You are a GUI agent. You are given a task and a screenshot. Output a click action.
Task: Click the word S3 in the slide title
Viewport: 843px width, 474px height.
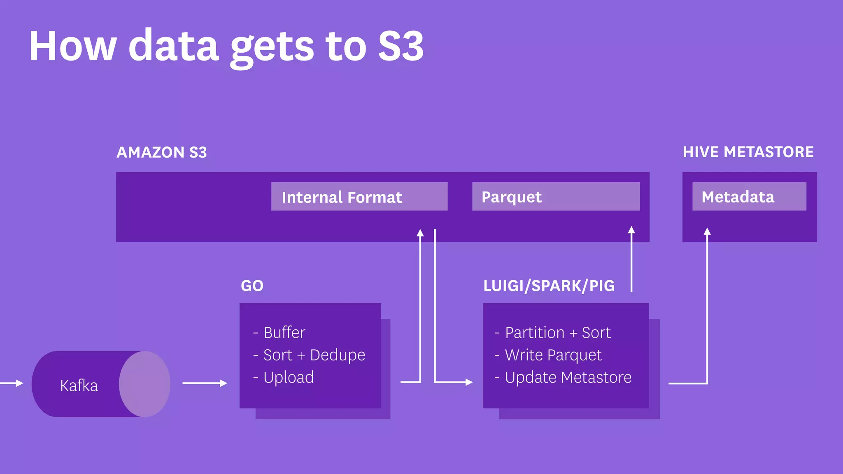401,46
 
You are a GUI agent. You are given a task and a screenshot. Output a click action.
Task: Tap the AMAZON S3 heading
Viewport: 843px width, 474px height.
162,152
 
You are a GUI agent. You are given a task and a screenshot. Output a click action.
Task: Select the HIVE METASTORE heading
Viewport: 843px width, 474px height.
748,152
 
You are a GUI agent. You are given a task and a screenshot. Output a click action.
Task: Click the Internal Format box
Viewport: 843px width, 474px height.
359,197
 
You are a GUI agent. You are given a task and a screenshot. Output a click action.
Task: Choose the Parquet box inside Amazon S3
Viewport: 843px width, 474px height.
556,197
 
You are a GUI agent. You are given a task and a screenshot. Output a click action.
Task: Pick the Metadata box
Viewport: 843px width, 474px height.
749,197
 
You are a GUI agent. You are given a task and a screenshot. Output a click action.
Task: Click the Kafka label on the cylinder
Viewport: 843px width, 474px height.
79,386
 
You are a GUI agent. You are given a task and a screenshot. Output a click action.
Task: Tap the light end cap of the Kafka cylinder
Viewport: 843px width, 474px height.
145,384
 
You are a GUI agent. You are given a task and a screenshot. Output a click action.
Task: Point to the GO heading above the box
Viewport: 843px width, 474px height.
252,286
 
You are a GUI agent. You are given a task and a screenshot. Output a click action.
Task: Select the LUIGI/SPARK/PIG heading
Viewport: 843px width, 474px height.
549,286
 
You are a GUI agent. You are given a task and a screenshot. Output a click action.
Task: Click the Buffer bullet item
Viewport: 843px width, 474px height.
284,332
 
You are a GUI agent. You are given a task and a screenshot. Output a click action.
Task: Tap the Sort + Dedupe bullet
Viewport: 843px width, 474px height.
314,355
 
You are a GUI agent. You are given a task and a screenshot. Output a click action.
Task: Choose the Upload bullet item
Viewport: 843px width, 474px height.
288,377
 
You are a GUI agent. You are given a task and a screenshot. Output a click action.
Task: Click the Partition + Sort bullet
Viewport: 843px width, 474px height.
557,332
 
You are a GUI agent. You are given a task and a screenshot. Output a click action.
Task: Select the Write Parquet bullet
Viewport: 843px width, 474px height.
553,355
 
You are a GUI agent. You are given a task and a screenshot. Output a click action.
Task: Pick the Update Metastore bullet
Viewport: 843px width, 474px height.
568,377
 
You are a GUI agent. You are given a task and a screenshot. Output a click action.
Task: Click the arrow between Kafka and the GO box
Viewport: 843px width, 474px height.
205,383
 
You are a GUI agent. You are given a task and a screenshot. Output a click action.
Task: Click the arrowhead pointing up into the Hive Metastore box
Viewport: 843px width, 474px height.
707,232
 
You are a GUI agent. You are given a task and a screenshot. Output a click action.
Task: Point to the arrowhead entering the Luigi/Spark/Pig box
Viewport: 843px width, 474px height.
469,382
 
